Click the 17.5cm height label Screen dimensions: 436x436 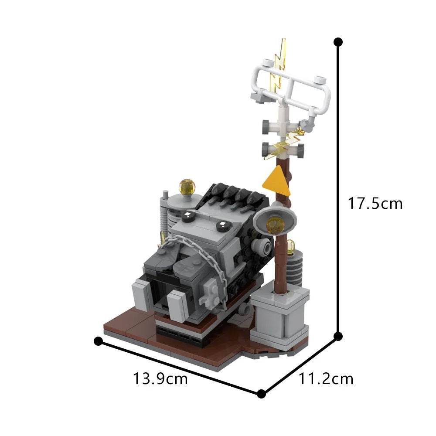pyautogui.click(x=375, y=204)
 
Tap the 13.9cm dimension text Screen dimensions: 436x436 pyautogui.click(x=160, y=379)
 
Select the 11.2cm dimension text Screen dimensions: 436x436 pyautogui.click(x=326, y=379)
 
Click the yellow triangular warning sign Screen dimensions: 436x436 pyautogui.click(x=277, y=181)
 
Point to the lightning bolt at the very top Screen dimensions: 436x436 pyautogui.click(x=279, y=65)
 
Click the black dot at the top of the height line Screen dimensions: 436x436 pyautogui.click(x=338, y=42)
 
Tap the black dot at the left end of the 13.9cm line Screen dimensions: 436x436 pyautogui.click(x=98, y=341)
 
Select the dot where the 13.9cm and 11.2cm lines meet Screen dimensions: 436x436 pyautogui.click(x=261, y=394)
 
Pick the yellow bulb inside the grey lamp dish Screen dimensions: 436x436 pyautogui.click(x=274, y=225)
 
